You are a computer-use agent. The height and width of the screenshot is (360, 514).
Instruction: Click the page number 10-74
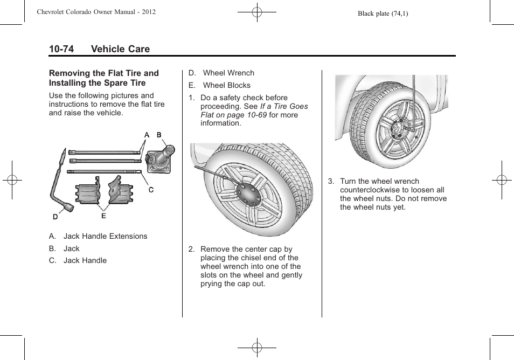(61, 49)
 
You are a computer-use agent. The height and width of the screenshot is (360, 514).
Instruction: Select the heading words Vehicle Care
(120, 49)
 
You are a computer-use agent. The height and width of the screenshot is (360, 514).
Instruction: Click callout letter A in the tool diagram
(147, 135)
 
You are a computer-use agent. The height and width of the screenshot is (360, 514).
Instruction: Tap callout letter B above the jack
(159, 135)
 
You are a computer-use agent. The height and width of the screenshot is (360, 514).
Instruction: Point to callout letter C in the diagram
(151, 190)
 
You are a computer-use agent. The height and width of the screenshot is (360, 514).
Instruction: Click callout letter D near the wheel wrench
(55, 217)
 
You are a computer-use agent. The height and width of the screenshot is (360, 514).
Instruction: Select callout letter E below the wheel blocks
(103, 216)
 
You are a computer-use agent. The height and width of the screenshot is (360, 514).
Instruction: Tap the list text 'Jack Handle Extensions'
(105, 236)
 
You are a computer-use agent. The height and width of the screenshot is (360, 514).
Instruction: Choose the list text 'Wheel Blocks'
(226, 85)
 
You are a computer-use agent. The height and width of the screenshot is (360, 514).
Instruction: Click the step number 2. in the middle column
(191, 249)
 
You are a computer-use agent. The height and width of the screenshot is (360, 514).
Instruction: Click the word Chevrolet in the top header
(53, 11)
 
